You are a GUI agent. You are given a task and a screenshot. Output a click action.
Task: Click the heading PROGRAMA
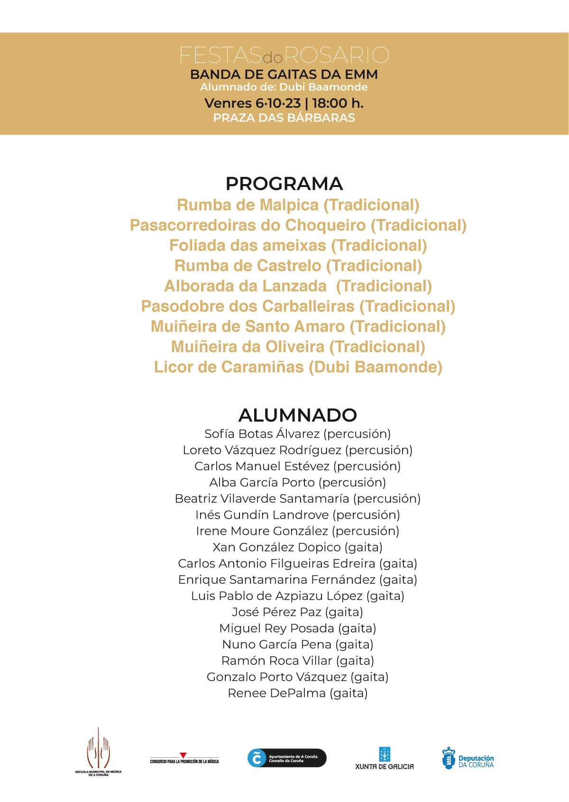tap(284, 184)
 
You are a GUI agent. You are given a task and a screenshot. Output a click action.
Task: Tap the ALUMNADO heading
tap(297, 415)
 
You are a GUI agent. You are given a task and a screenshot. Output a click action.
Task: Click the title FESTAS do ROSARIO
tap(284, 56)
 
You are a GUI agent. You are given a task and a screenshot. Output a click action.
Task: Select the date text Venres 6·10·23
tap(252, 103)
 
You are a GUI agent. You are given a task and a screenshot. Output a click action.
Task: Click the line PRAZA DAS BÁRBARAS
tap(284, 118)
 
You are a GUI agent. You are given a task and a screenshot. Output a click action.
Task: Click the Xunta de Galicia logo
tap(384, 758)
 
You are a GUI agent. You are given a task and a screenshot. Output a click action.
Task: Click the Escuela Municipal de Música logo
tap(98, 751)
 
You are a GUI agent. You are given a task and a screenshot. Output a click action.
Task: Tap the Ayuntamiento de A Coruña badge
tap(287, 758)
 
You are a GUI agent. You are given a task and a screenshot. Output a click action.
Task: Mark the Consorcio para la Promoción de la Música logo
tap(184, 758)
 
